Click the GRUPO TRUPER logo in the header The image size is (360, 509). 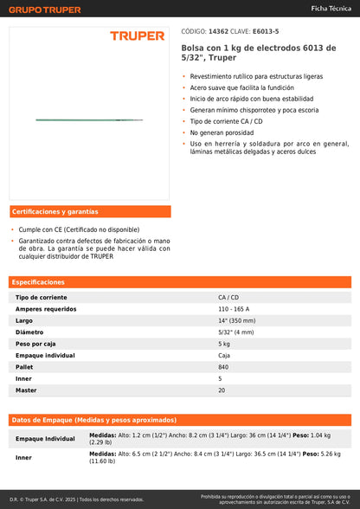coord(45,10)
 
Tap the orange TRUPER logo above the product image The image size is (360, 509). coord(137,36)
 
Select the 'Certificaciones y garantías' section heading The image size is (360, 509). coord(55,212)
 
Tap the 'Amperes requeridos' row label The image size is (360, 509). coord(46,309)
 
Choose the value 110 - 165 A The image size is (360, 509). coord(234,309)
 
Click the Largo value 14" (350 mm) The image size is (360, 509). coord(237,320)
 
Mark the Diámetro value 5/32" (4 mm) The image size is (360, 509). coord(235,332)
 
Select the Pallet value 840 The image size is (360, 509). coord(224,367)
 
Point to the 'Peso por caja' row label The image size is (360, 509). coord(37,344)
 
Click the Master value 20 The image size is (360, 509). coord(222,390)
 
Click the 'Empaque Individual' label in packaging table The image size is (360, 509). coord(45,439)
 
